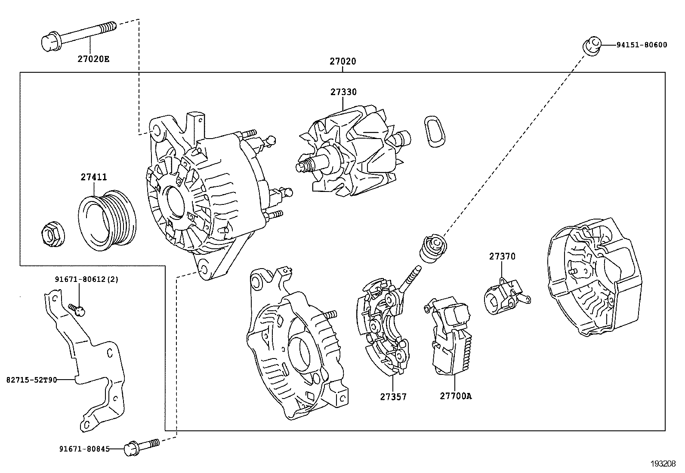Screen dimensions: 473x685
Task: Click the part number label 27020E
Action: click(x=93, y=59)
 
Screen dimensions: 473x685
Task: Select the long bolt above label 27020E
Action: click(x=77, y=34)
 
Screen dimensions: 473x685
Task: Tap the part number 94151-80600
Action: click(x=641, y=45)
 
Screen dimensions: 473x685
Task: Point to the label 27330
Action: click(x=343, y=92)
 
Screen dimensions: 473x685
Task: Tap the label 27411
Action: click(x=93, y=177)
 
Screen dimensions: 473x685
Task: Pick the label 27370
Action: click(x=502, y=257)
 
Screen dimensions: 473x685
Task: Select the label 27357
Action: click(x=393, y=396)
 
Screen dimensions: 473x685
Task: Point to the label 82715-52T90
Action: click(x=32, y=380)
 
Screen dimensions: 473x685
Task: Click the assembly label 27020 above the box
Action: click(x=343, y=62)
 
